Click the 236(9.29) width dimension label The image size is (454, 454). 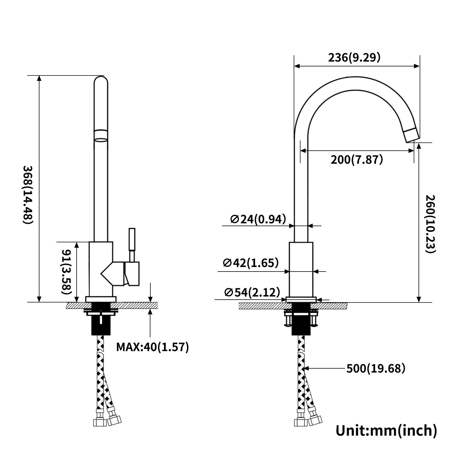pyautogui.click(x=354, y=58)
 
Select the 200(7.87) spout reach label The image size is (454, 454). pyautogui.click(x=357, y=160)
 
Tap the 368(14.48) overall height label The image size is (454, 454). pyautogui.click(x=28, y=195)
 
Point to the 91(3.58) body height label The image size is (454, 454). pyautogui.click(x=66, y=272)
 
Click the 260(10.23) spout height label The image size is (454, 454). pyautogui.click(x=430, y=224)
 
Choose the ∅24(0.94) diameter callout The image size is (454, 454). pyautogui.click(x=258, y=219)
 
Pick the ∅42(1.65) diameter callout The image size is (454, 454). pyautogui.click(x=251, y=263)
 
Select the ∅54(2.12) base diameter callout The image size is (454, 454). pyautogui.click(x=252, y=292)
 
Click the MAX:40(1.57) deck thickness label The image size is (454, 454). pyautogui.click(x=152, y=347)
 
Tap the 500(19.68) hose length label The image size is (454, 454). pyautogui.click(x=376, y=368)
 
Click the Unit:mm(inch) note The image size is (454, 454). pyautogui.click(x=386, y=430)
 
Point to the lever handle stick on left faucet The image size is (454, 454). pyautogui.click(x=132, y=244)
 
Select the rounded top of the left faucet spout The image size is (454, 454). pyautogui.click(x=101, y=81)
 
